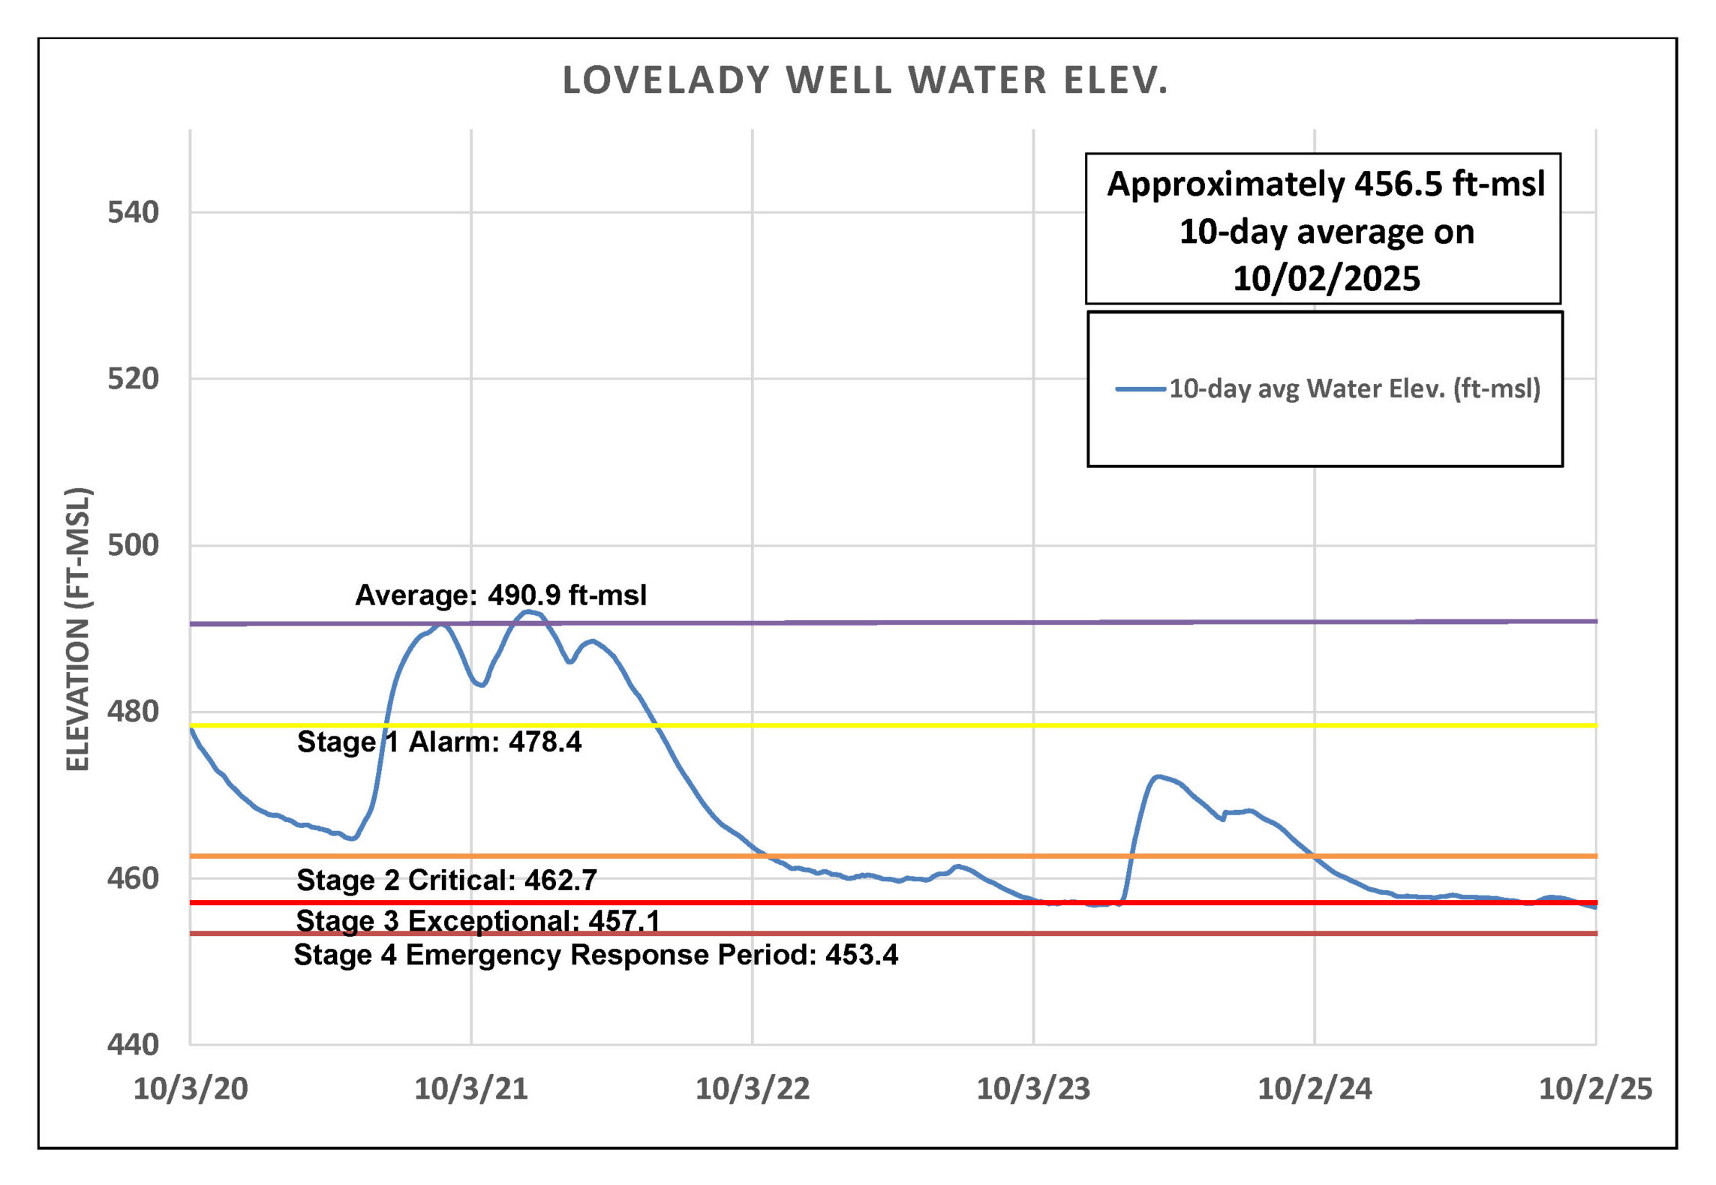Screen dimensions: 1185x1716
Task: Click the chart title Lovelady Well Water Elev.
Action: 864,80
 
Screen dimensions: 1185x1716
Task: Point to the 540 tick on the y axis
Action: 134,212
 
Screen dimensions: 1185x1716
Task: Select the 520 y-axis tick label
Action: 134,379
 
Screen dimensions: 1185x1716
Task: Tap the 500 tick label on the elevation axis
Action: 134,545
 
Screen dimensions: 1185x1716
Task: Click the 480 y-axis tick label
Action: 134,711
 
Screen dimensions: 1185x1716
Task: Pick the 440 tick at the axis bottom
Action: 134,1044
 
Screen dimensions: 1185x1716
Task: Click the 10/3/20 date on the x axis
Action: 191,1089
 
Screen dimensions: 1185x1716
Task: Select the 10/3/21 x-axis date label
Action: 471,1089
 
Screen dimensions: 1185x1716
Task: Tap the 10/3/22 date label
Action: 753,1089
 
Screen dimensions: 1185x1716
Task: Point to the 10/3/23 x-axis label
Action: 1033,1089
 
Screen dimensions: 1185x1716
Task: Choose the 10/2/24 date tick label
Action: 1315,1089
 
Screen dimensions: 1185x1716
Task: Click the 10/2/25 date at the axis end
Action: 1595,1089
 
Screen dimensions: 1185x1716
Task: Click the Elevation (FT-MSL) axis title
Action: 78,629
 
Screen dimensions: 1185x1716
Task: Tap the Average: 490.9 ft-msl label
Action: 500,595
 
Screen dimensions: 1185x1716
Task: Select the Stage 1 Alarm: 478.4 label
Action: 439,742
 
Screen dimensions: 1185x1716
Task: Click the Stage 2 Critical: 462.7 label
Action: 446,880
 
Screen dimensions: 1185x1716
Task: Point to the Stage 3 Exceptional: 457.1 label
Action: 478,920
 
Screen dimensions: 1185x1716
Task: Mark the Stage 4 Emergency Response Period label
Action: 596,955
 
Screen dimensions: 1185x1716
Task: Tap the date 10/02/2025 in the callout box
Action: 1326,278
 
